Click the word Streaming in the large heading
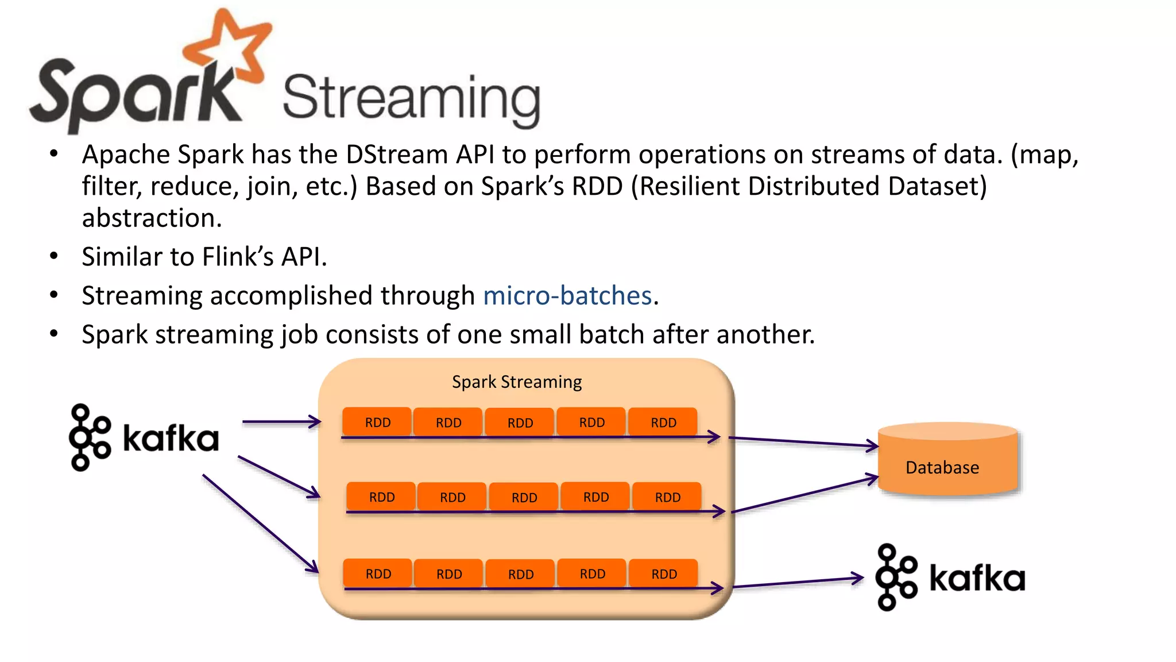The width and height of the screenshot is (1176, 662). tap(411, 98)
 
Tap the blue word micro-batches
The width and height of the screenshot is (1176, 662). tap(567, 295)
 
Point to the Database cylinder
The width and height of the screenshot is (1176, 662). tap(947, 460)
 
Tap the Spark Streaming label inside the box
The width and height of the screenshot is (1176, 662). tap(516, 382)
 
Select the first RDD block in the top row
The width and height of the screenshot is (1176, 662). tap(377, 422)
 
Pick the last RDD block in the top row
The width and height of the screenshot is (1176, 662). tap(663, 422)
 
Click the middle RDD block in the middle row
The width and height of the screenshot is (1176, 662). tap(524, 497)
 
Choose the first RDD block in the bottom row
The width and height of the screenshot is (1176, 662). tap(378, 574)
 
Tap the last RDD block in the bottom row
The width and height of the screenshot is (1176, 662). tap(664, 574)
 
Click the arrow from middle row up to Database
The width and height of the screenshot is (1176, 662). tap(804, 494)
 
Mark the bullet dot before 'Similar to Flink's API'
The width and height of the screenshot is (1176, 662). tap(54, 256)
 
